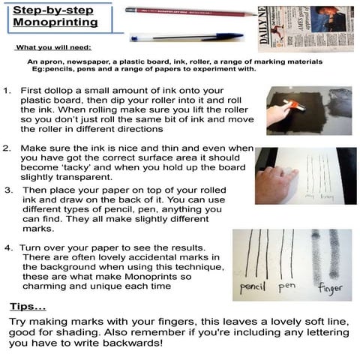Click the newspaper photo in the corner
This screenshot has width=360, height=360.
310,28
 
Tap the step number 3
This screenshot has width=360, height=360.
7,190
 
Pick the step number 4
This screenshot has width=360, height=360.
7,247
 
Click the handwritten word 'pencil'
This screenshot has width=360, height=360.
252,288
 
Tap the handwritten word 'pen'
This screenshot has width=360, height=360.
287,286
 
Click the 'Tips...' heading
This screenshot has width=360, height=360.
28,307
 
